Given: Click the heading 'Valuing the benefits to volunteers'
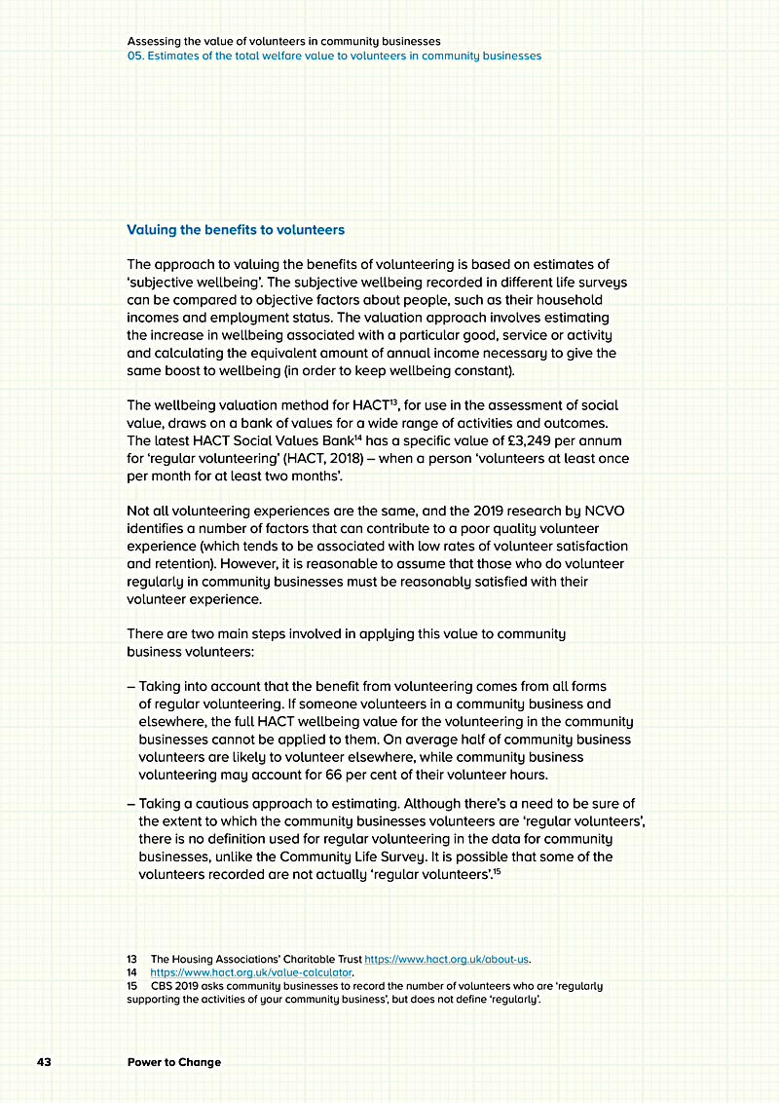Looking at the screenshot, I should click(x=236, y=230).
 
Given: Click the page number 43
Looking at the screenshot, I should click(x=44, y=1061).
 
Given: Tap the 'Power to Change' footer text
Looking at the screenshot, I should click(x=174, y=1061).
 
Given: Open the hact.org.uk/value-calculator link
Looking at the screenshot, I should click(x=251, y=972).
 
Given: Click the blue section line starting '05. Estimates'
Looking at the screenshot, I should click(x=334, y=56).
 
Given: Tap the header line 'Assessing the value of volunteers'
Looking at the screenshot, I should click(x=283, y=42).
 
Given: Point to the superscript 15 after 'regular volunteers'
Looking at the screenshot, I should click(x=496, y=872).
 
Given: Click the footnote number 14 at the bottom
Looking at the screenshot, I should click(x=131, y=972).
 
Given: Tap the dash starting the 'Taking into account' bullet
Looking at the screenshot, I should click(x=131, y=687).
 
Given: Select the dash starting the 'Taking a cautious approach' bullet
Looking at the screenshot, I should click(x=131, y=804).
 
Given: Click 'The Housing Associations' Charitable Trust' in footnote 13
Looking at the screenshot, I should click(x=255, y=959).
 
